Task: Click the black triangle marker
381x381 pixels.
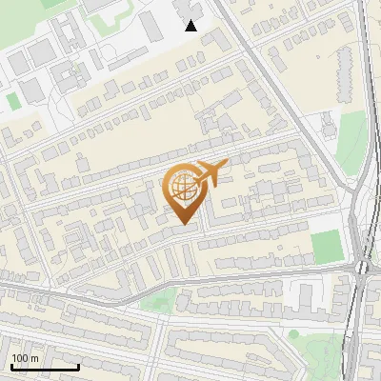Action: click(191, 26)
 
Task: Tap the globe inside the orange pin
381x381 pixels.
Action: click(183, 187)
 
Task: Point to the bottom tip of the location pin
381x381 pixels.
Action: click(184, 225)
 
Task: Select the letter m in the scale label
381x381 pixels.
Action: click(35, 358)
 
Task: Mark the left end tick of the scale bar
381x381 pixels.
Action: click(10, 366)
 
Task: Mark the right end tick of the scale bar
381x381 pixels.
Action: click(78, 366)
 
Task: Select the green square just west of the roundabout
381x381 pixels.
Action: click(327, 247)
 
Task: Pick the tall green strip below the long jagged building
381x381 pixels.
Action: click(353, 143)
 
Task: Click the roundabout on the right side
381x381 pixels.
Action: click(362, 269)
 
